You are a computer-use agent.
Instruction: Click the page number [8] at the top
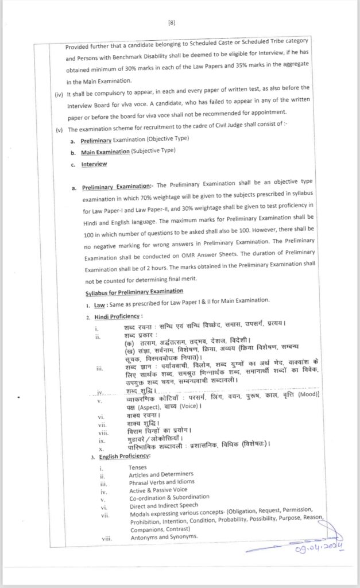(x=172, y=22)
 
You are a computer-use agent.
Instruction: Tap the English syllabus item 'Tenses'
(x=140, y=467)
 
